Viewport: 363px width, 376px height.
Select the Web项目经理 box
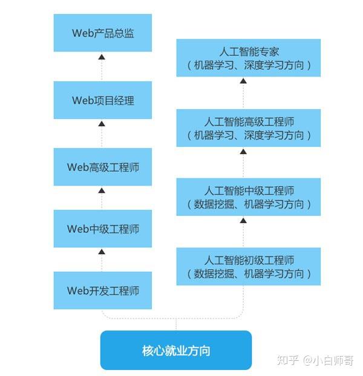pyautogui.click(x=102, y=100)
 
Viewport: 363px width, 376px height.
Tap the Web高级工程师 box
pyautogui.click(x=102, y=167)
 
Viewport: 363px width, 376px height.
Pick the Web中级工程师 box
pyautogui.click(x=102, y=229)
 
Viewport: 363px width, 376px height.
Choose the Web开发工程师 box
pyautogui.click(x=102, y=290)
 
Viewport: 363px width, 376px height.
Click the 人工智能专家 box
pyautogui.click(x=249, y=58)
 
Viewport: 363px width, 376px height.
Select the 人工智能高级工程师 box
pyautogui.click(x=249, y=128)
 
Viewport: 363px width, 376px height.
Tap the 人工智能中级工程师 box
pyautogui.click(x=249, y=197)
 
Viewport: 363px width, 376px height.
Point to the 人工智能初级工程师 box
pyautogui.click(x=249, y=266)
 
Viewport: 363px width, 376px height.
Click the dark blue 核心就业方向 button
pyautogui.click(x=175, y=350)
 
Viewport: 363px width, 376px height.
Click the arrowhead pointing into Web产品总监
pyautogui.click(x=102, y=56)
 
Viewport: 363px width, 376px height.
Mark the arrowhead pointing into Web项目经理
pyautogui.click(x=102, y=123)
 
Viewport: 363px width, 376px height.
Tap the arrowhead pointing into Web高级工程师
pyautogui.click(x=102, y=189)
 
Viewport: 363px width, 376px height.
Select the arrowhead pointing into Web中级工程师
pyautogui.click(x=102, y=251)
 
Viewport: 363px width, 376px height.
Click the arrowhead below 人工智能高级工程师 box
pyautogui.click(x=243, y=151)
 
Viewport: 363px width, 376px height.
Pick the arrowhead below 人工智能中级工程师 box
pyautogui.click(x=243, y=220)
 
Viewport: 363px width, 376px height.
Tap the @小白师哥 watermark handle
pyautogui.click(x=328, y=360)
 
